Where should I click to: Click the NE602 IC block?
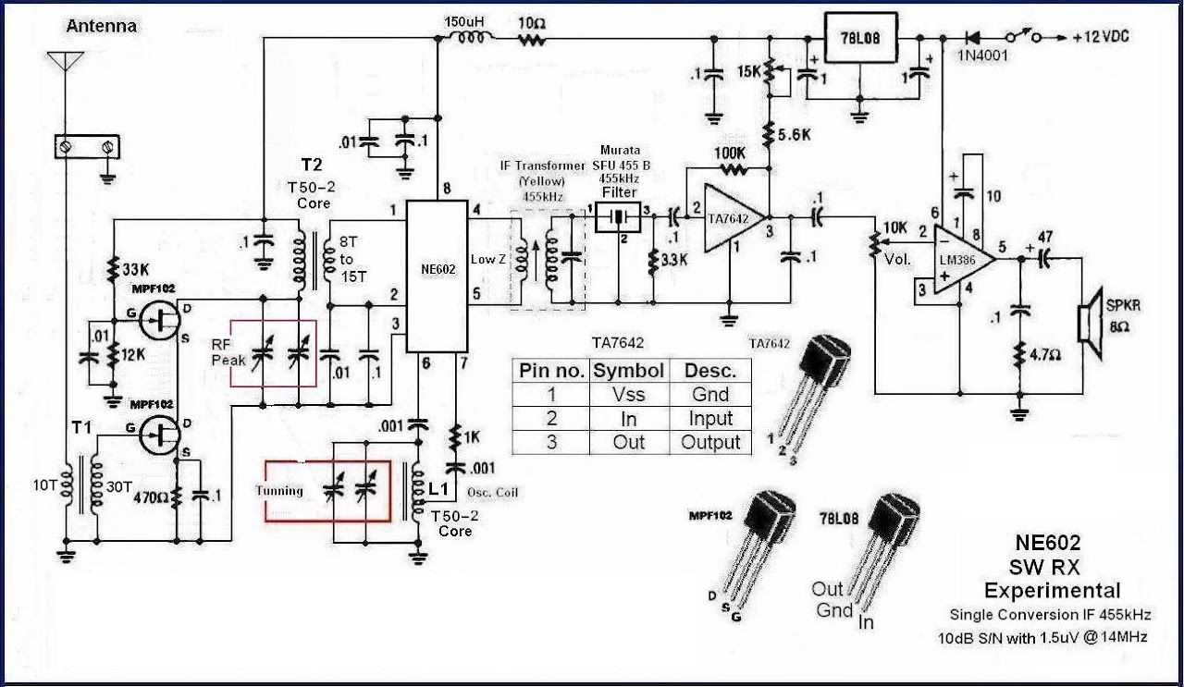coord(438,276)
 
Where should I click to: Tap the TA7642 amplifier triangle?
coord(731,218)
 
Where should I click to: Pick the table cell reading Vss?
coord(629,395)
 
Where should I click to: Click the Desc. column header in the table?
coord(710,371)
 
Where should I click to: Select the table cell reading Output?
coord(710,442)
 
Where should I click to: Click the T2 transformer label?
coord(311,165)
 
